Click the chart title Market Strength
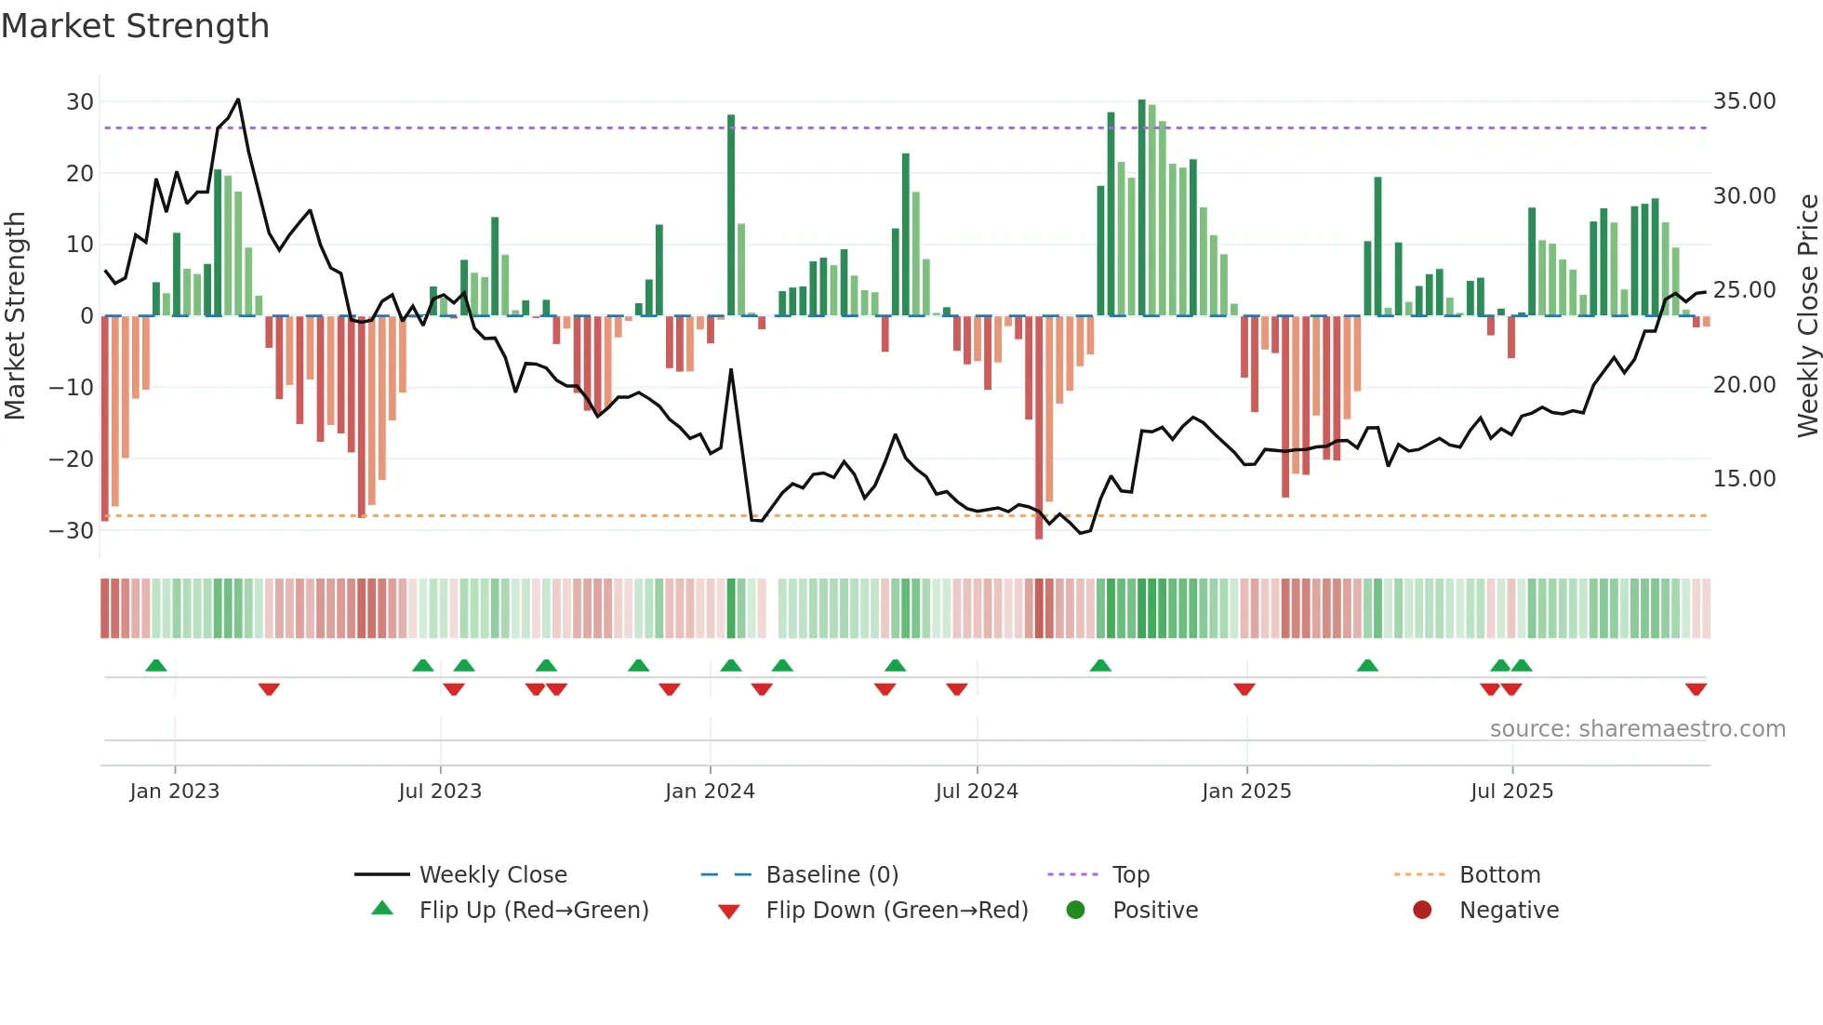(135, 26)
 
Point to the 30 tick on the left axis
(80, 101)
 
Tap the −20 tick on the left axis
(72, 459)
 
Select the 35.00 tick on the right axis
(1744, 101)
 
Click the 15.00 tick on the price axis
(1744, 479)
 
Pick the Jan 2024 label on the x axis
(710, 792)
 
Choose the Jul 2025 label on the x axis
(1511, 792)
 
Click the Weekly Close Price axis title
(1807, 316)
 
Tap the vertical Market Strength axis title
(15, 316)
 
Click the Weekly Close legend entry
(492, 875)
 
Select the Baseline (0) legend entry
(832, 875)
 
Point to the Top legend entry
(1130, 875)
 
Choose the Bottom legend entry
(1499, 875)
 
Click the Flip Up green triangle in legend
(382, 909)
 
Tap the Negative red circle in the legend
(1422, 910)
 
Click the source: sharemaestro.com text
(1637, 729)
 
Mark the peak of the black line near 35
(238, 100)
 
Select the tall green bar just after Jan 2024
(731, 214)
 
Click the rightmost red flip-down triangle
(1696, 689)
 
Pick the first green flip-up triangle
(156, 665)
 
